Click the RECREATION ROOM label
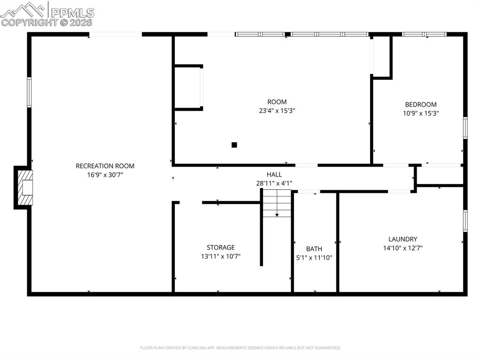click(105, 166)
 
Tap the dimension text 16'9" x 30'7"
click(105, 175)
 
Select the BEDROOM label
click(420, 105)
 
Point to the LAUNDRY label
click(403, 239)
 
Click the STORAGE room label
click(220, 247)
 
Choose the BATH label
click(314, 249)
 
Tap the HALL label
click(274, 175)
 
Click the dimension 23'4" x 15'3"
click(277, 111)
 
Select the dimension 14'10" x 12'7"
click(403, 248)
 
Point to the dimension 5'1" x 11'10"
click(314, 257)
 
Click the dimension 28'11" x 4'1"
click(274, 183)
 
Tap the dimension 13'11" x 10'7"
click(220, 256)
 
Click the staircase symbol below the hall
click(277, 204)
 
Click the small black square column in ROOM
click(234, 145)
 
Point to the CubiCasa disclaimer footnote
click(240, 348)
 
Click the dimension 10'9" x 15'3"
click(420, 113)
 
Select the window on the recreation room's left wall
click(29, 92)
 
